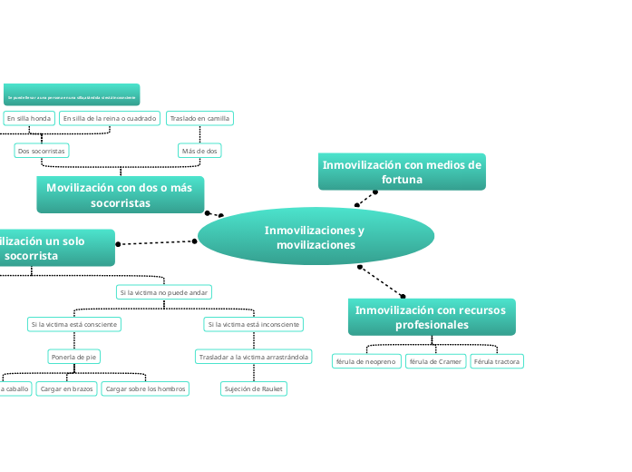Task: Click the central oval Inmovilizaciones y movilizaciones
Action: pyautogui.click(x=316, y=237)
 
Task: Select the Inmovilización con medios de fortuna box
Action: pyautogui.click(x=402, y=172)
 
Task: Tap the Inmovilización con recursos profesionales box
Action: pyautogui.click(x=432, y=317)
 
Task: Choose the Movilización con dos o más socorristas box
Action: pyautogui.click(x=121, y=194)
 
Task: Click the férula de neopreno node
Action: pyautogui.click(x=366, y=361)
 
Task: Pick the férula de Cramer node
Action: pyautogui.click(x=435, y=361)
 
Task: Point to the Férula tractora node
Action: pyautogui.click(x=497, y=361)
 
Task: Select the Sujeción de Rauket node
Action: pyautogui.click(x=254, y=388)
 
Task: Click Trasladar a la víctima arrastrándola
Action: pyautogui.click(x=254, y=357)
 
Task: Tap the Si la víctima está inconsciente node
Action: pyautogui.click(x=254, y=324)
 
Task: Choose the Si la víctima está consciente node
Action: pyautogui.click(x=74, y=324)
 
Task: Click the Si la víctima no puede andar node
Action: pyautogui.click(x=164, y=292)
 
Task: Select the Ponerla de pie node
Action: pyautogui.click(x=74, y=357)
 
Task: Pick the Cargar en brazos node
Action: pyautogui.click(x=66, y=388)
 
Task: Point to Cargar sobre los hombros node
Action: pyautogui.click(x=145, y=388)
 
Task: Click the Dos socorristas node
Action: pyautogui.click(x=43, y=151)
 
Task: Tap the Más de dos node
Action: pyautogui.click(x=199, y=151)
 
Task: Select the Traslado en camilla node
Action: pyautogui.click(x=199, y=118)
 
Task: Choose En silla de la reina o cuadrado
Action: pyautogui.click(x=110, y=118)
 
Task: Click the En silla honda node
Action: pyautogui.click(x=28, y=118)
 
